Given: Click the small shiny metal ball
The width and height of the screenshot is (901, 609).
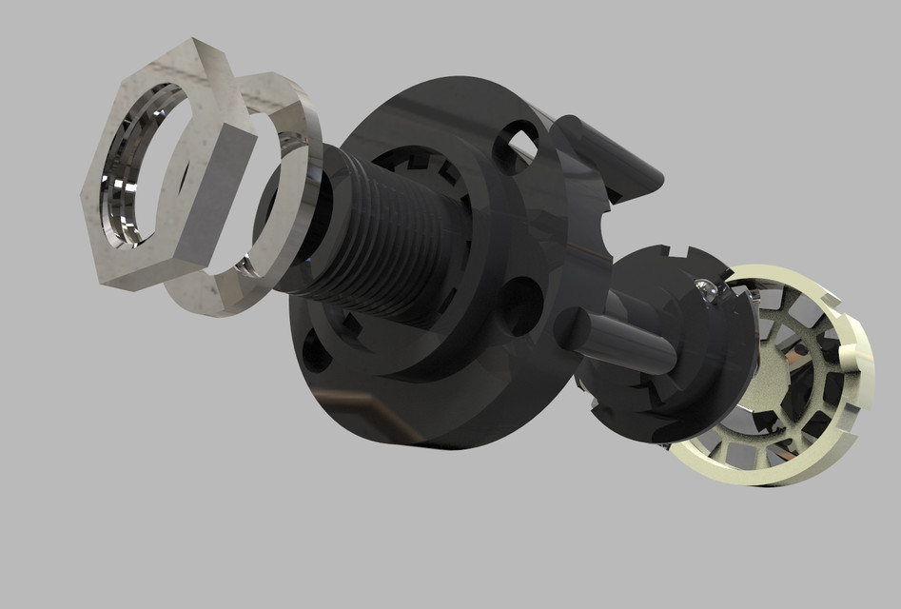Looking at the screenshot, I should (705, 290).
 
